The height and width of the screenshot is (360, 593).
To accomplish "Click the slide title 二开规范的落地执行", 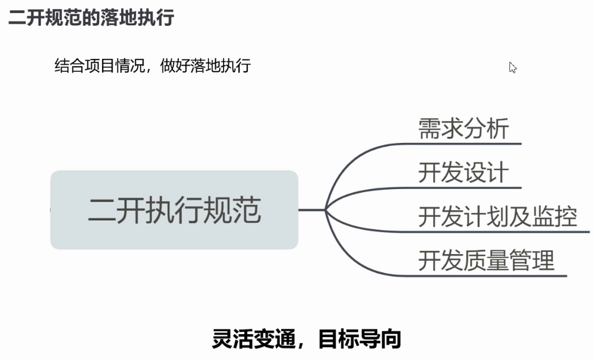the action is tap(91, 18).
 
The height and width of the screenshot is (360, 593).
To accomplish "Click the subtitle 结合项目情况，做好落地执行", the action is tap(152, 66).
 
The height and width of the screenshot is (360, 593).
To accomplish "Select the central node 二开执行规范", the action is tap(174, 210).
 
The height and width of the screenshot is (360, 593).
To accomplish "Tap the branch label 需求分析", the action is tap(464, 128).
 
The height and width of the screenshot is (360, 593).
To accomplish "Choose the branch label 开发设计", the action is tap(464, 172).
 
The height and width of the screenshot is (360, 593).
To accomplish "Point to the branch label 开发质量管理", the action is tap(486, 260).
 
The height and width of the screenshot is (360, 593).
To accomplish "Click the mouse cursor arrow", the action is tap(512, 67).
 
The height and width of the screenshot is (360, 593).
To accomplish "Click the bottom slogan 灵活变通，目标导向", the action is tap(307, 339).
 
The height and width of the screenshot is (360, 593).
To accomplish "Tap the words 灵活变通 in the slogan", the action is tap(253, 339).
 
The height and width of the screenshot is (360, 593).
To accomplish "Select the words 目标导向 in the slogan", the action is tap(360, 339).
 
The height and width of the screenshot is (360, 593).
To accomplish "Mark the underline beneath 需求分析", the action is tap(464, 144).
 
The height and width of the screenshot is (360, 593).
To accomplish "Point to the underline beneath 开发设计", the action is tap(464, 188).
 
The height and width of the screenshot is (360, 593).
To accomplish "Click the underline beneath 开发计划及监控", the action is tap(495, 232).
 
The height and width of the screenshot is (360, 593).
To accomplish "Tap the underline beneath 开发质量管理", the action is tap(484, 276).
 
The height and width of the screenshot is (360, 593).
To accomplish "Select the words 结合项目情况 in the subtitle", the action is tap(99, 66).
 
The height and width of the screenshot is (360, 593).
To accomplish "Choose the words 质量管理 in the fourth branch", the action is tap(509, 260).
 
